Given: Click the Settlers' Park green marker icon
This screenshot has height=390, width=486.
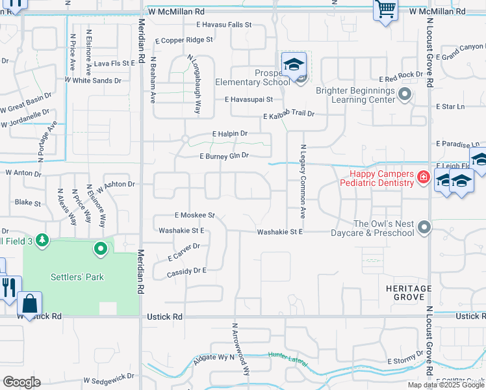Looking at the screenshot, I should (101, 249).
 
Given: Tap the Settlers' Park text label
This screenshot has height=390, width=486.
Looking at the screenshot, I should (77, 277).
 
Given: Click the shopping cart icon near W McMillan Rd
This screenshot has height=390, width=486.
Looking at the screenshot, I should (385, 10).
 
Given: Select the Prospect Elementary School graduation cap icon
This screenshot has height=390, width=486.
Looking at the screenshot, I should (294, 64).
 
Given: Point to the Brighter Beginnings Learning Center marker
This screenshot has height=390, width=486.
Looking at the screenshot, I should (405, 96).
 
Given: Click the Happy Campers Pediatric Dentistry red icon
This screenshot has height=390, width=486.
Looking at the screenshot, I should (423, 177).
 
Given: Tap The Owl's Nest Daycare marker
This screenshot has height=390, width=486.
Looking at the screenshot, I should (424, 227).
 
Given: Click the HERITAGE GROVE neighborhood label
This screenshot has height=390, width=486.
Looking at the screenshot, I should (408, 292).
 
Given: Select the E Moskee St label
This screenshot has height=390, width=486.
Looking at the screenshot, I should (194, 214).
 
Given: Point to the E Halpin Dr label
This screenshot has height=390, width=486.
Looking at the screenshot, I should (230, 133).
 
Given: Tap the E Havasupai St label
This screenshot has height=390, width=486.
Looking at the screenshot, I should (248, 99).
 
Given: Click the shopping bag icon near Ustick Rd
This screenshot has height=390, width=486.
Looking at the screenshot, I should (29, 303).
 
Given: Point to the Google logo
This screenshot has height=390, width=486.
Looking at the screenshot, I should (21, 382).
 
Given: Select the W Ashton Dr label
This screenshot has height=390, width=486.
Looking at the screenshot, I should (115, 184).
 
